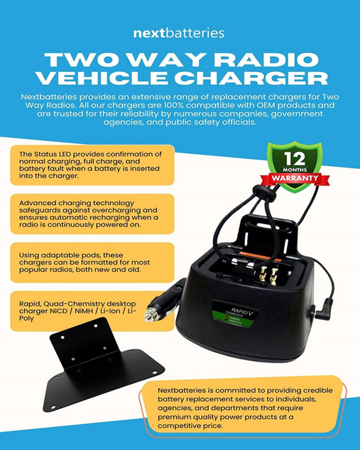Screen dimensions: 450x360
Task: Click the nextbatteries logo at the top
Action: [179, 33]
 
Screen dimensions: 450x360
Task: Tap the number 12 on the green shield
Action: [295, 157]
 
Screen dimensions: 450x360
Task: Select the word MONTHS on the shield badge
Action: [295, 169]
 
